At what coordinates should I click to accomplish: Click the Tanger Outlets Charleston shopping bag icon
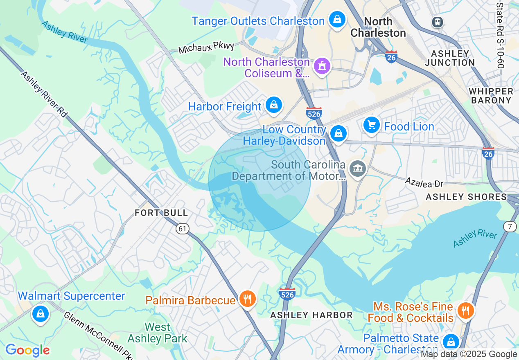pos(337,19)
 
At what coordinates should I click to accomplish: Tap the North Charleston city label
pos(378,27)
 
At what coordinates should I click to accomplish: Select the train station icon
pos(437,22)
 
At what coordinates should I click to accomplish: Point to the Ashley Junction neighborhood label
pos(450,58)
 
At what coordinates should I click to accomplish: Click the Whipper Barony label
pos(491,96)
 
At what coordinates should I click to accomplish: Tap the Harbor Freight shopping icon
pos(273,105)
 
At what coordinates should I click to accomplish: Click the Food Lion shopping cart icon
pos(371,125)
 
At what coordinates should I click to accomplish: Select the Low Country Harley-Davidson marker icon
pos(338,133)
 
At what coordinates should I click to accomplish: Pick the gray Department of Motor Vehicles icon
pos(358,168)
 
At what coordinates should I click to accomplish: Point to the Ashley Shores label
pos(466,197)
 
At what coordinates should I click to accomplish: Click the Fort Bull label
pos(162,213)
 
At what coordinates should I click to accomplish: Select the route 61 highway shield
pos(183,229)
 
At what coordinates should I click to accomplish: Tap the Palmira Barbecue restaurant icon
pos(247,299)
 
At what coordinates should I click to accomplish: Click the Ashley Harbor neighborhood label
pos(311,315)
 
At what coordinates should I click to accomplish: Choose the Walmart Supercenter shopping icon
pos(40,314)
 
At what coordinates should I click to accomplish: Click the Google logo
pos(28,350)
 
